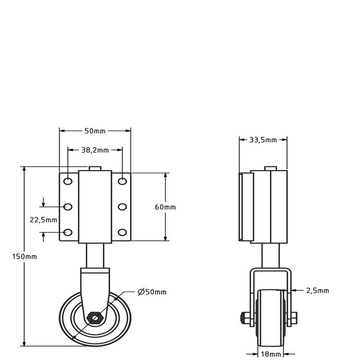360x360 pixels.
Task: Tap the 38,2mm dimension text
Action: [x=95, y=150]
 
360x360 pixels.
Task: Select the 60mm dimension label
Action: [x=166, y=207]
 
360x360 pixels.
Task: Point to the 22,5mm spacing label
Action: [x=43, y=220]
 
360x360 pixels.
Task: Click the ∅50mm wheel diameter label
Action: [x=152, y=292]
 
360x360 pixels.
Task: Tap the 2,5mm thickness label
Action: [x=317, y=291]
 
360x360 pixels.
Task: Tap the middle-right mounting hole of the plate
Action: [x=122, y=207]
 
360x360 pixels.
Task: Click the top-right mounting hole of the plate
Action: [x=122, y=181]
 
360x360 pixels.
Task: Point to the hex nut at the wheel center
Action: [x=94, y=317]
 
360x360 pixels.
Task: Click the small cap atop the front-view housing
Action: [x=95, y=169]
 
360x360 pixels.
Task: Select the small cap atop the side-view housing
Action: [x=270, y=169]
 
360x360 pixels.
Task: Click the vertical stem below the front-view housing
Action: [x=95, y=255]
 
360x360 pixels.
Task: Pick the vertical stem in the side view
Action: [x=270, y=255]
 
